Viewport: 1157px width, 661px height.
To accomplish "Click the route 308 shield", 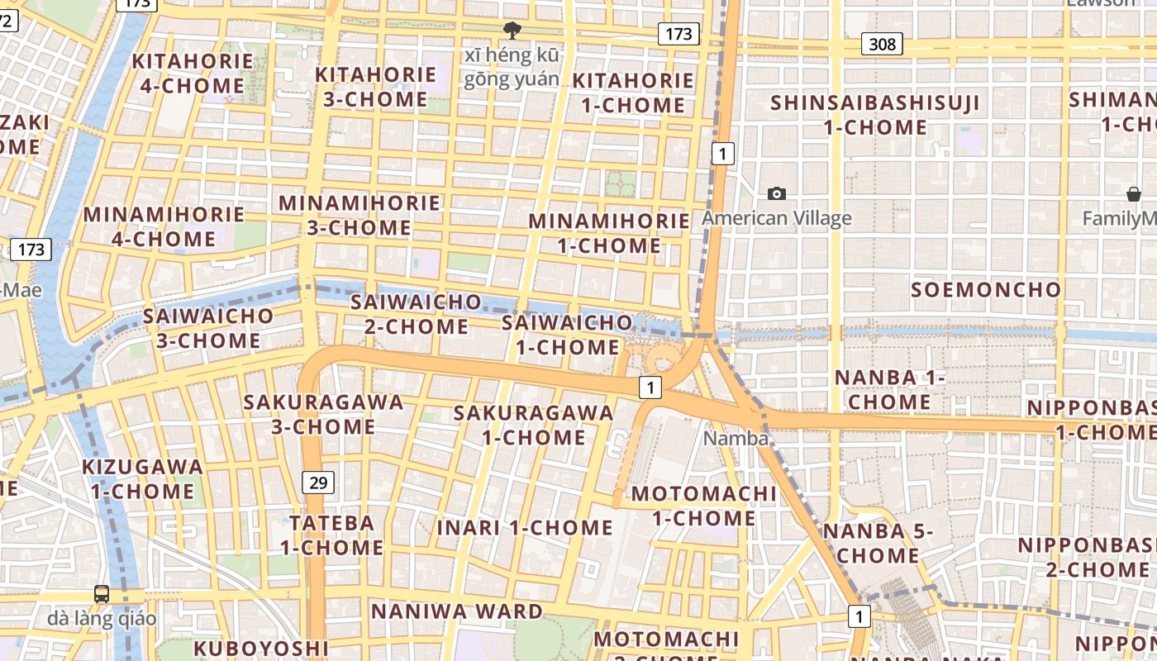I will (882, 44).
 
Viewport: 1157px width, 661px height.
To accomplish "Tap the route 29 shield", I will (318, 483).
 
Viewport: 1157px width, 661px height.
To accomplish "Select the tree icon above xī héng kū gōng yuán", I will (512, 31).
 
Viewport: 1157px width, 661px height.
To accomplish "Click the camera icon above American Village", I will (776, 193).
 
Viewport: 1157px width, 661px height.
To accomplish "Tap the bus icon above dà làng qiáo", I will (102, 593).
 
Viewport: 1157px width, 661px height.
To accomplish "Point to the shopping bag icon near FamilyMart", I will (1134, 194).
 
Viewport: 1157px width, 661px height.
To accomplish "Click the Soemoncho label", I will (985, 290).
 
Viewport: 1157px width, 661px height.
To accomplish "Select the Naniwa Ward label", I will (456, 611).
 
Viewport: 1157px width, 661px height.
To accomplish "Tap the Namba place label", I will (736, 439).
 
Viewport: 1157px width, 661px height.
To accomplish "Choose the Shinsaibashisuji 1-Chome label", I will (875, 116).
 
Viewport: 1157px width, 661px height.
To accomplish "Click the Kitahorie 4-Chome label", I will (193, 74).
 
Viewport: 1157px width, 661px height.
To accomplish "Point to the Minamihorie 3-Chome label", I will (359, 215).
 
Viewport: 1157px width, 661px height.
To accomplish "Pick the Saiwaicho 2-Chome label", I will (416, 314).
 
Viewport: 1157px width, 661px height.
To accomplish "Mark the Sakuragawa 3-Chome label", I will (323, 415).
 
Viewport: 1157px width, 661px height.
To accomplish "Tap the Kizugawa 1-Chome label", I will (142, 479).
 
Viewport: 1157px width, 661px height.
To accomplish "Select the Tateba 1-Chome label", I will (331, 535).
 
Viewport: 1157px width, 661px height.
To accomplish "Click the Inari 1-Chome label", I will (525, 527).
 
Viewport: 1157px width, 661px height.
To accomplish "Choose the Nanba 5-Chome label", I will (877, 543).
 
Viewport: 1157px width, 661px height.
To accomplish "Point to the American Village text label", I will (776, 219).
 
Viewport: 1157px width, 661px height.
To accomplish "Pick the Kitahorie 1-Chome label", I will (633, 93).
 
